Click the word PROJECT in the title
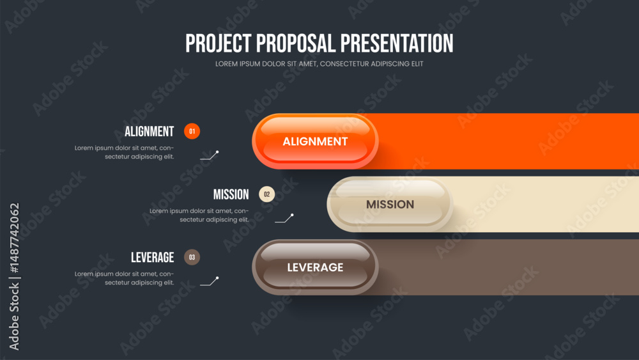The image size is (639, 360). pos(218,43)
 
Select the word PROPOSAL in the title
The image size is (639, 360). pos(295,43)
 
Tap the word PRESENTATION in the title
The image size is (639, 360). pos(397,43)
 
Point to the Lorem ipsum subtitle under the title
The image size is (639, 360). pos(319,63)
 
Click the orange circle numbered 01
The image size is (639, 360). pos(192,131)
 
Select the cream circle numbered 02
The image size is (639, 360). pos(267,194)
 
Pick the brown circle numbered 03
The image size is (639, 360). pos(192,257)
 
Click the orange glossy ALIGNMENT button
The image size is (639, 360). pos(315,141)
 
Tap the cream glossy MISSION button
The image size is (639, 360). pos(390,204)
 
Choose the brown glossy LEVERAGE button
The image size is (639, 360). pos(315,267)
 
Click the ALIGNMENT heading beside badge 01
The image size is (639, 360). pos(149,132)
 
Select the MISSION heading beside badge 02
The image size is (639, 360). pos(231,194)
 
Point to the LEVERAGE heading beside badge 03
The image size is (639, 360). pos(153,258)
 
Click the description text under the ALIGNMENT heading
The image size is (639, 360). pos(125,152)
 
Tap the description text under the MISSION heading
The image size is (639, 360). pos(199,215)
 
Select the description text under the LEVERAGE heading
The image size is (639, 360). pos(125,278)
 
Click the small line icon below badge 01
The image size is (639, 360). pos(210,155)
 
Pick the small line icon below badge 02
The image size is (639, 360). pos(284,218)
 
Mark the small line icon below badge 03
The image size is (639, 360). pos(210,281)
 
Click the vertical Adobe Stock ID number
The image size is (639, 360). pos(14,238)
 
